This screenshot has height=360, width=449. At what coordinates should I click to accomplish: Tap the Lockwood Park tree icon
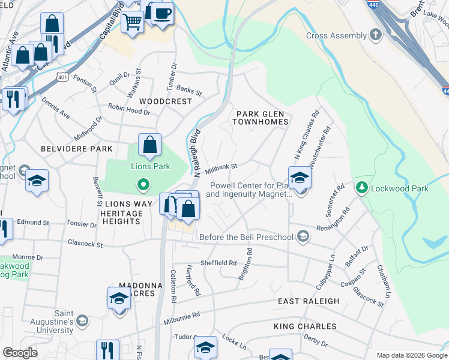pyautogui.click(x=361, y=188)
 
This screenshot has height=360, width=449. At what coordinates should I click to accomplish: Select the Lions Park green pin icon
pyautogui.click(x=143, y=184)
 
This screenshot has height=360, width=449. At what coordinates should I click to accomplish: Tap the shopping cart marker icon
pyautogui.click(x=132, y=22)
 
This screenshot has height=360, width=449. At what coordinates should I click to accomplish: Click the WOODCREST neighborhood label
pyautogui.click(x=166, y=101)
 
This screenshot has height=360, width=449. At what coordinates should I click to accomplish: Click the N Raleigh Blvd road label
pyautogui.click(x=196, y=153)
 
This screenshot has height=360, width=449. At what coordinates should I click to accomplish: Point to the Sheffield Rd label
pyautogui.click(x=218, y=263)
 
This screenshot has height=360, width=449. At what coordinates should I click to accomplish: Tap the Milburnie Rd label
pyautogui.click(x=181, y=318)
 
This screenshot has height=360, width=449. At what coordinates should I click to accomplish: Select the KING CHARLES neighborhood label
pyautogui.click(x=305, y=326)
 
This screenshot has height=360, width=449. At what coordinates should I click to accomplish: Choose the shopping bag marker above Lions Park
pyautogui.click(x=149, y=145)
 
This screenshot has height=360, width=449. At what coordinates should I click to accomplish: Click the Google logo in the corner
pyautogui.click(x=20, y=353)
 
